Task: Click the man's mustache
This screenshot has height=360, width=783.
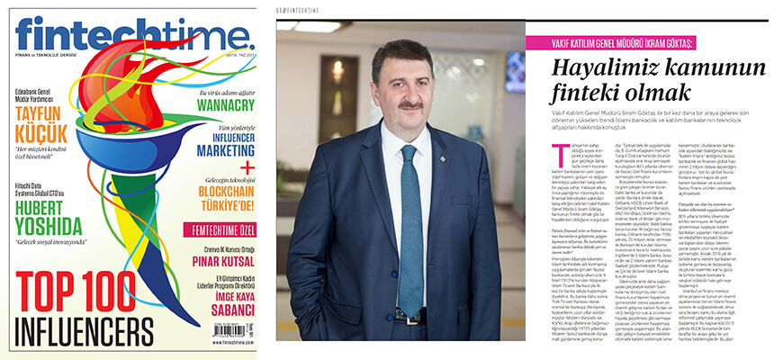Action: [x=409, y=105]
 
